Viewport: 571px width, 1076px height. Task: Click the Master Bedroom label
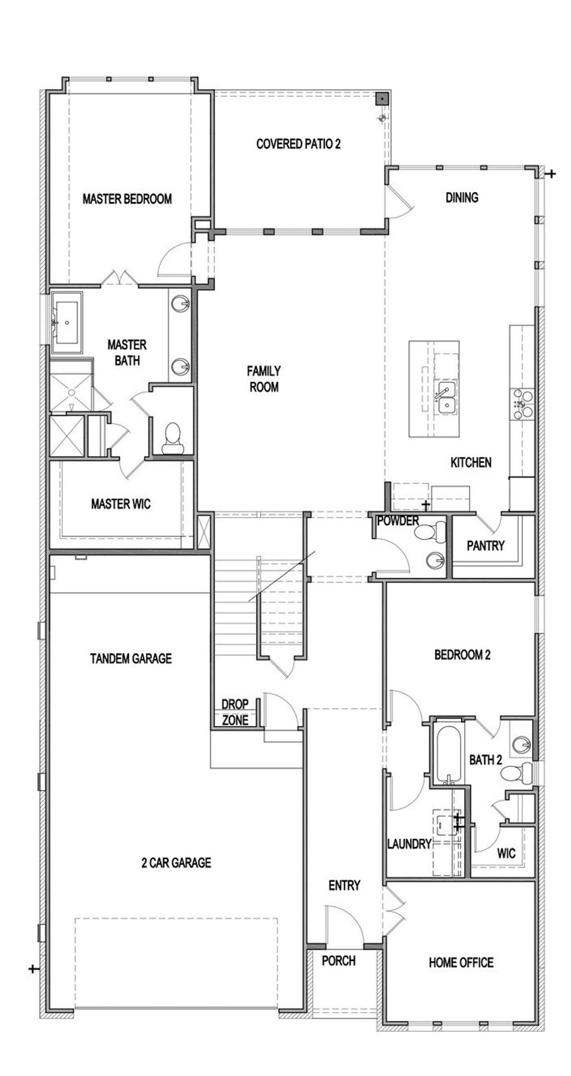[127, 199]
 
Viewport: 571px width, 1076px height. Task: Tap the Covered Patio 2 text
[298, 144]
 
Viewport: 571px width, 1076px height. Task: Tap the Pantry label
[485, 545]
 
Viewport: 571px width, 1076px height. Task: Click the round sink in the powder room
[434, 561]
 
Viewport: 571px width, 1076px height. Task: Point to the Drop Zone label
[235, 712]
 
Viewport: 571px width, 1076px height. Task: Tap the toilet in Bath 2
[517, 772]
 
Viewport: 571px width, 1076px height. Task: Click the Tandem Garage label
[131, 658]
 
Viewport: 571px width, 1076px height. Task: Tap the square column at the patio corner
[382, 99]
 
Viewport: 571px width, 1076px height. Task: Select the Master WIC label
[121, 504]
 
